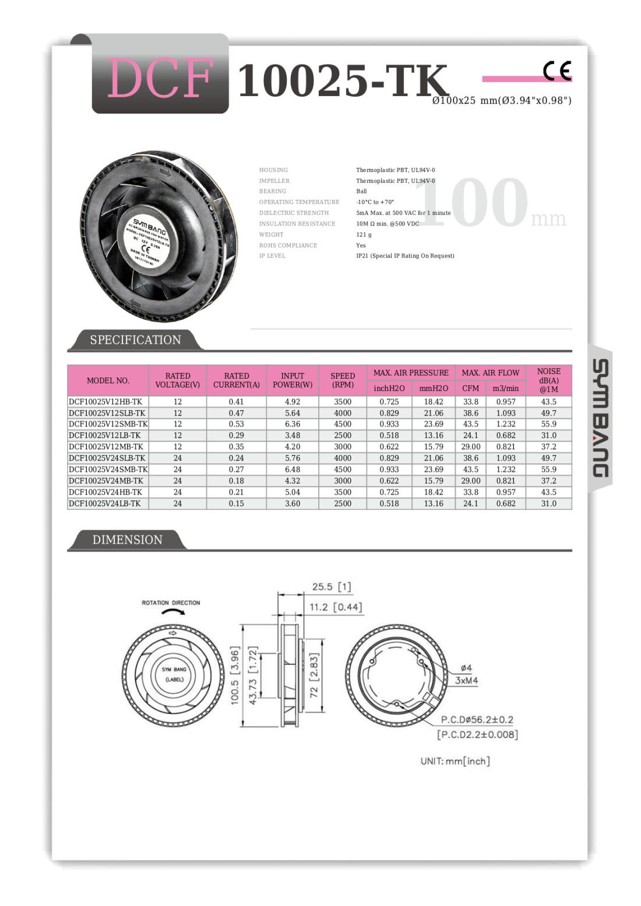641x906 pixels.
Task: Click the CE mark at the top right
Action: point(557,71)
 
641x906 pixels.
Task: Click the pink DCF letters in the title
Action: point(160,79)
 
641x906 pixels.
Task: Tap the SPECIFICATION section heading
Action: point(135,340)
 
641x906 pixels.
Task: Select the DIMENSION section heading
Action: point(127,540)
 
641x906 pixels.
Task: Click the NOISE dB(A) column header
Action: point(548,380)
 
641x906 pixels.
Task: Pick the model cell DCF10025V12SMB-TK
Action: point(108,424)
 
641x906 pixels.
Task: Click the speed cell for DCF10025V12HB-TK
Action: point(343,402)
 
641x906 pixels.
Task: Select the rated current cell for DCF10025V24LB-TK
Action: point(236,503)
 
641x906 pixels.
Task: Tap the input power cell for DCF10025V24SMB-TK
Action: point(293,470)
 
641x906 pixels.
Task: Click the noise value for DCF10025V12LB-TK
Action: point(548,435)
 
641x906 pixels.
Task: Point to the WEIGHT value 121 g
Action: point(364,235)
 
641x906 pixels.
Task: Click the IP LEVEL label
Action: point(272,256)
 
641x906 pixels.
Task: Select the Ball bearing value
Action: point(361,191)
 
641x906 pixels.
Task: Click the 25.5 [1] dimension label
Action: point(331,587)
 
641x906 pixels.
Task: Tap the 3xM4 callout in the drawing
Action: point(466,681)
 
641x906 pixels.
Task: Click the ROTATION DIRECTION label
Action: point(171,602)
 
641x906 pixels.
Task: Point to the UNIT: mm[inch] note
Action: point(455,761)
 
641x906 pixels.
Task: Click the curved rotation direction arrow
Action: point(174,614)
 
